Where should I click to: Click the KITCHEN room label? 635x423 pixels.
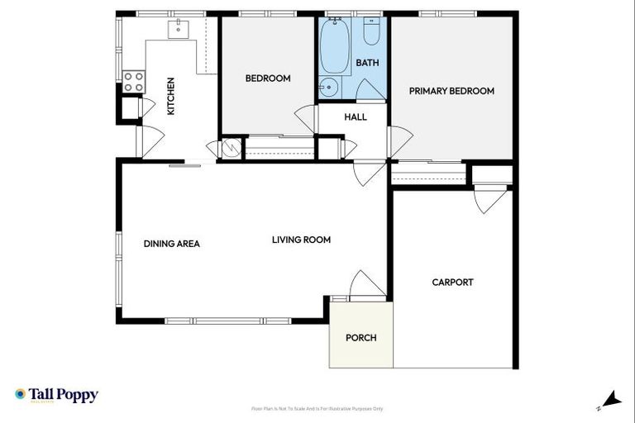point(171,96)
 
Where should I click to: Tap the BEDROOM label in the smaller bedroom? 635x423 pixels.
point(268,78)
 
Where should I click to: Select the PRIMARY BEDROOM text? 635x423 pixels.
point(451,91)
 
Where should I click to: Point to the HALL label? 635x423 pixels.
point(356,117)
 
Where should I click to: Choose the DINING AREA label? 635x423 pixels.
point(172,244)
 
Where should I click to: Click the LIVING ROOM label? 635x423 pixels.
point(301,240)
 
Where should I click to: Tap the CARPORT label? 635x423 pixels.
point(452,282)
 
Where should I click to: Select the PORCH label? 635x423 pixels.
point(360,337)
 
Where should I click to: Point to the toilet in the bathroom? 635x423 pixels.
point(371,31)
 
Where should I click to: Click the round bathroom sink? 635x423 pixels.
point(328,87)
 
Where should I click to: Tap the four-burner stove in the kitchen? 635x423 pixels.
point(133,82)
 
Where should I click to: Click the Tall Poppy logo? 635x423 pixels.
point(56,395)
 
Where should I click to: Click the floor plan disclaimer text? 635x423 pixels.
point(317,408)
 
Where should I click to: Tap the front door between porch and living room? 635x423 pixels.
point(365,286)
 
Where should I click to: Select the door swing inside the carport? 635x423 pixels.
point(489,201)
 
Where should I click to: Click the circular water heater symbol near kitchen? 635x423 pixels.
point(231,149)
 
